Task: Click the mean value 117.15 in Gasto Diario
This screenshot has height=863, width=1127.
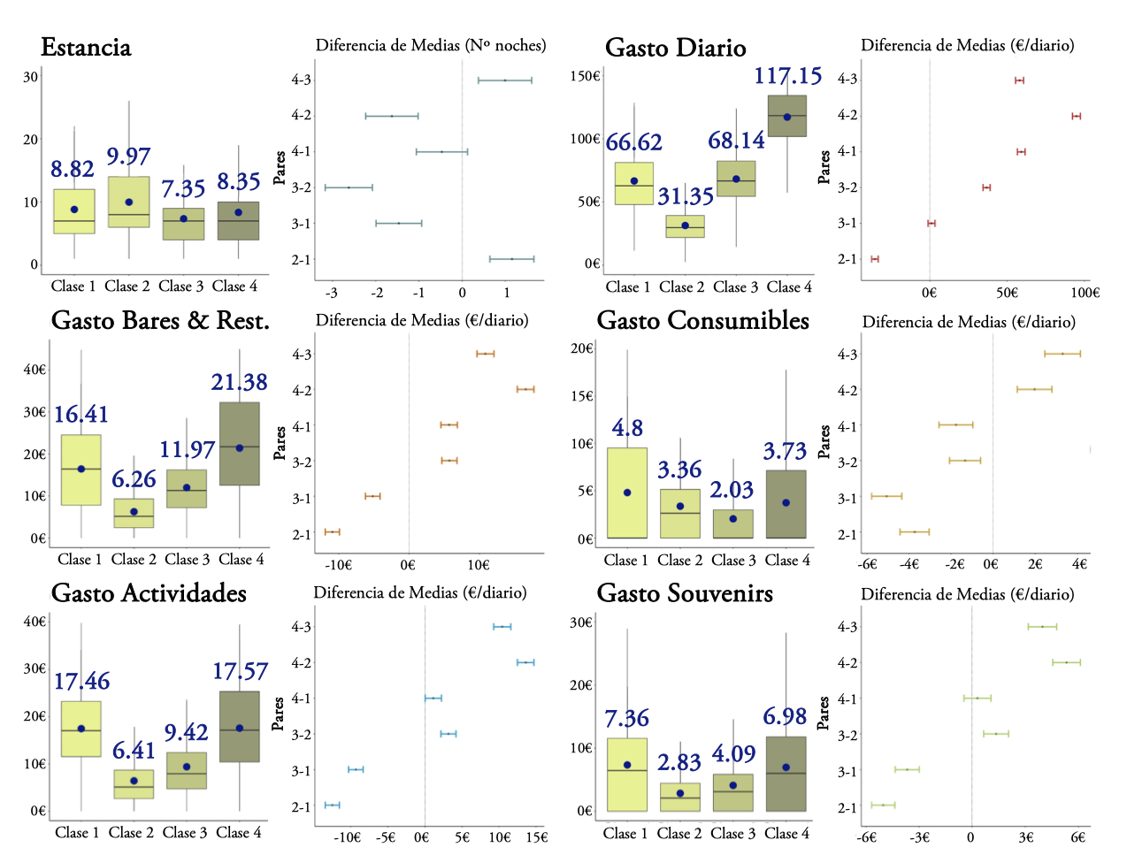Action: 787,76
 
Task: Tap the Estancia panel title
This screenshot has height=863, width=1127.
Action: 86,48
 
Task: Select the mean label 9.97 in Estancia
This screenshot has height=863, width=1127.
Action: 128,157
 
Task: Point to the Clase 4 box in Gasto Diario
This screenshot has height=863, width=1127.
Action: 786,116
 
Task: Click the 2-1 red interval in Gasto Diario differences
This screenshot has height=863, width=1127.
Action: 875,259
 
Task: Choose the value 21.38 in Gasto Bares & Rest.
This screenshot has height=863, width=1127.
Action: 239,382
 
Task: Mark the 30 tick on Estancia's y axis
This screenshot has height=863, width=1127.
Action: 31,77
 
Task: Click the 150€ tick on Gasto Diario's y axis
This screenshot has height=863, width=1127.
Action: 585,76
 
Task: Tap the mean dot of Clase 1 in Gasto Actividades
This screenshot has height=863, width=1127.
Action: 81,729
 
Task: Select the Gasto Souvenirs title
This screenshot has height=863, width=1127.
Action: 685,593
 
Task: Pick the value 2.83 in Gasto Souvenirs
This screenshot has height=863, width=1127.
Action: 678,762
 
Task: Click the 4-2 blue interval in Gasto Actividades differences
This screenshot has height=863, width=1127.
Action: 525,662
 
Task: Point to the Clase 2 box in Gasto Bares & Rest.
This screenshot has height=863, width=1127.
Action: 134,514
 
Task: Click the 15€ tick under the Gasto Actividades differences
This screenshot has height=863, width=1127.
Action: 536,837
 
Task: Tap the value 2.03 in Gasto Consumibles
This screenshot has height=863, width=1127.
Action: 732,490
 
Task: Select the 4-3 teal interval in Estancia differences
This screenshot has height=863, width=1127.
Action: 505,80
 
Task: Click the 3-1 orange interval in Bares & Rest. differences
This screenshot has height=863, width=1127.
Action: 372,496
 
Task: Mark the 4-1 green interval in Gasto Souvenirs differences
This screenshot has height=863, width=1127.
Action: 977,699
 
